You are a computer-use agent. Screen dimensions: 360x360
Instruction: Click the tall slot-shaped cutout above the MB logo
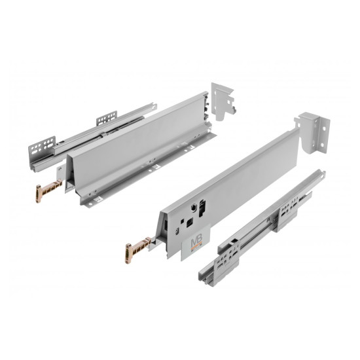pos(202,208)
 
